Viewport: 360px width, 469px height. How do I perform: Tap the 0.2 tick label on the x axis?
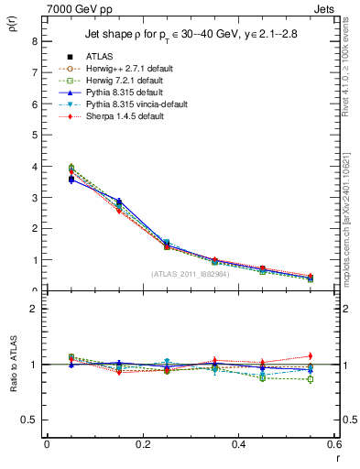click(143, 443)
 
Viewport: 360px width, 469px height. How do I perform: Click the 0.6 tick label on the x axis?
click(334, 443)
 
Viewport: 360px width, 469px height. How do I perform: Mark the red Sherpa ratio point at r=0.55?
click(310, 355)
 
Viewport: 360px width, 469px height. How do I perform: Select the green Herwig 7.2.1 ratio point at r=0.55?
click(310, 379)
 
